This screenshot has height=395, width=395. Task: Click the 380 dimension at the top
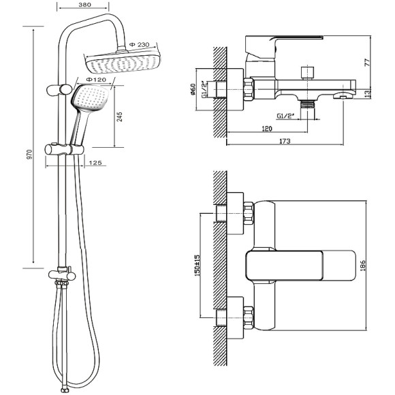pos(84,5)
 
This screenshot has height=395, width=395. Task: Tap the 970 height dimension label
pos(30,154)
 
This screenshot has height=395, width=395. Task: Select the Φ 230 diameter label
pos(139,44)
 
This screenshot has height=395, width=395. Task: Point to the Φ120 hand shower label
pos(96,80)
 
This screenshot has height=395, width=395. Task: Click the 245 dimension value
pos(120,116)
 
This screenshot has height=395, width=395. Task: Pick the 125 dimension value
pos(95,163)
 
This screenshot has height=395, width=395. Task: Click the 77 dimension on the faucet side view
pos(368,62)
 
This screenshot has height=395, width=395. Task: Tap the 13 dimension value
pos(368,93)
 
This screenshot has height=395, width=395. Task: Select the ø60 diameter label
pos(193,89)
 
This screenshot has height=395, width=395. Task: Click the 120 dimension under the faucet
pos(267,129)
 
